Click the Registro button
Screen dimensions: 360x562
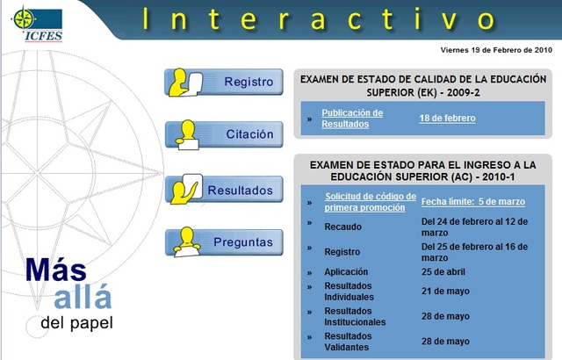point(224,83)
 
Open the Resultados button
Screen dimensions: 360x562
point(224,190)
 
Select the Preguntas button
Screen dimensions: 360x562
point(224,242)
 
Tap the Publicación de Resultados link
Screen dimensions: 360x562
point(352,119)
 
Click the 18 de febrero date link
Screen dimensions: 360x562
point(448,118)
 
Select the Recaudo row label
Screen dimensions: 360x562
point(342,226)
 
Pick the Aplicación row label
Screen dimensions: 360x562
point(346,272)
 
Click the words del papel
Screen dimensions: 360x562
point(76,323)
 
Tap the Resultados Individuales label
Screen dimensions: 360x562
point(352,291)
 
